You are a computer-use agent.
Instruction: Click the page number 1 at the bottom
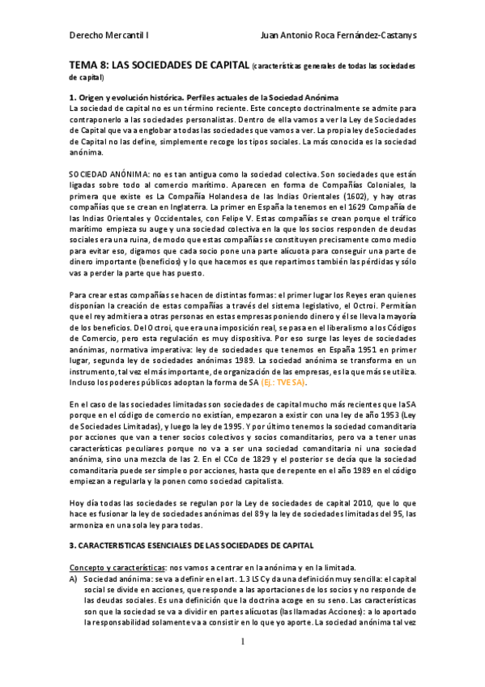pos(242,664)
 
